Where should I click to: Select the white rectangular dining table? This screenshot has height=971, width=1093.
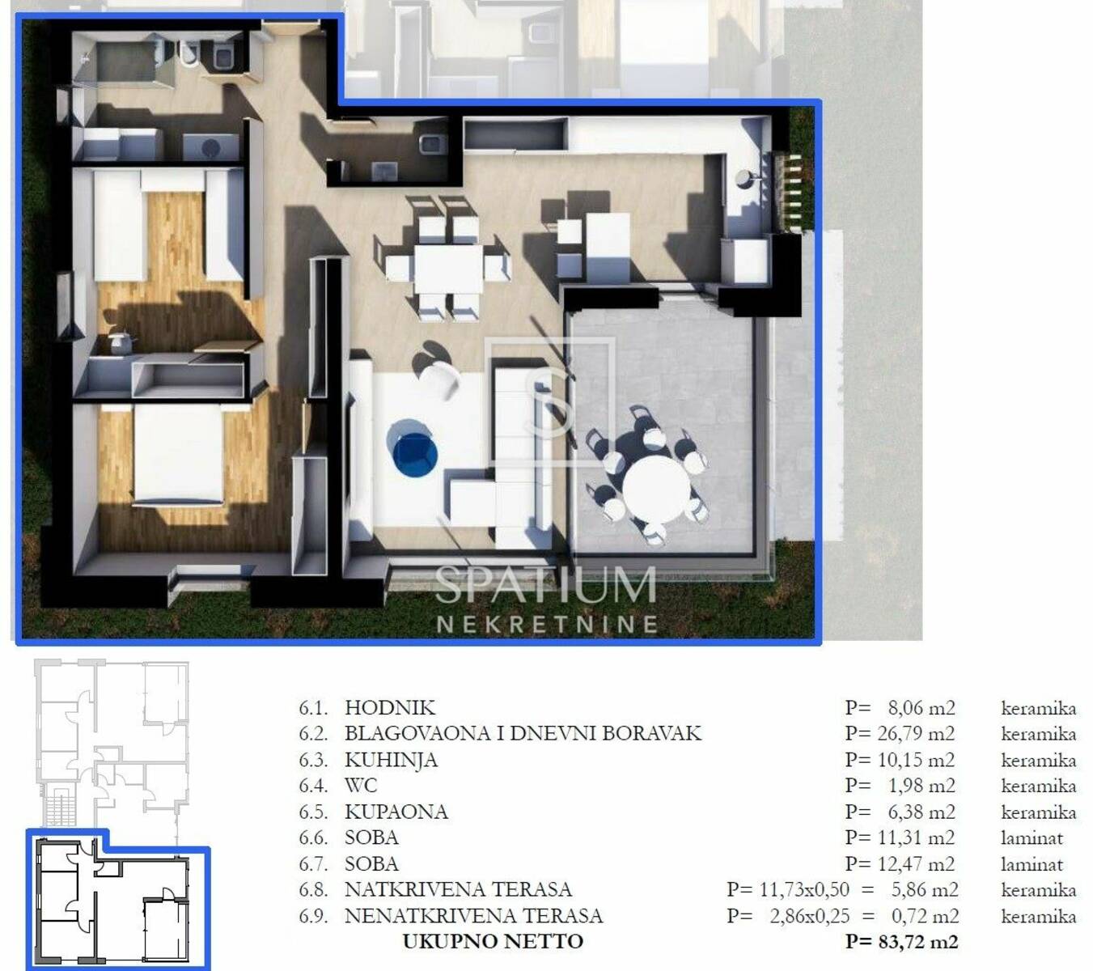[448, 269]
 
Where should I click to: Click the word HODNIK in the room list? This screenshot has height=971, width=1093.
[390, 707]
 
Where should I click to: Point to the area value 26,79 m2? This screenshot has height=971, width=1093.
[921, 734]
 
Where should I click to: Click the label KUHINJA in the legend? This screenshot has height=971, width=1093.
[391, 760]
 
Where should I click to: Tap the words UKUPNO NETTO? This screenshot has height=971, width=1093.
[493, 942]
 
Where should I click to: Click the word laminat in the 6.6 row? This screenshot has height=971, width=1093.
[1032, 837]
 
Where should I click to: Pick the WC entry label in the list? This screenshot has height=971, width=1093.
[361, 786]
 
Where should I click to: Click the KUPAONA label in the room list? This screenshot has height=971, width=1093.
[396, 812]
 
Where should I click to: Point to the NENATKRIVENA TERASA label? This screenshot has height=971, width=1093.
[473, 916]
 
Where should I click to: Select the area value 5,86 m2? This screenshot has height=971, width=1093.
[925, 889]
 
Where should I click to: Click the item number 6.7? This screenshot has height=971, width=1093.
[313, 864]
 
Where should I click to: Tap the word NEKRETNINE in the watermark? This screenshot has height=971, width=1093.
[547, 624]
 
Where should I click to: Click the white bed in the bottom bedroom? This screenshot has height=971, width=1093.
[178, 455]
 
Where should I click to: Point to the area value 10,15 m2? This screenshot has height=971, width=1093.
[921, 760]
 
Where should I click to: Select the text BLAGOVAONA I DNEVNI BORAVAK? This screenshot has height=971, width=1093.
[523, 734]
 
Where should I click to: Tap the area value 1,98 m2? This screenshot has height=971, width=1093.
[922, 786]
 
